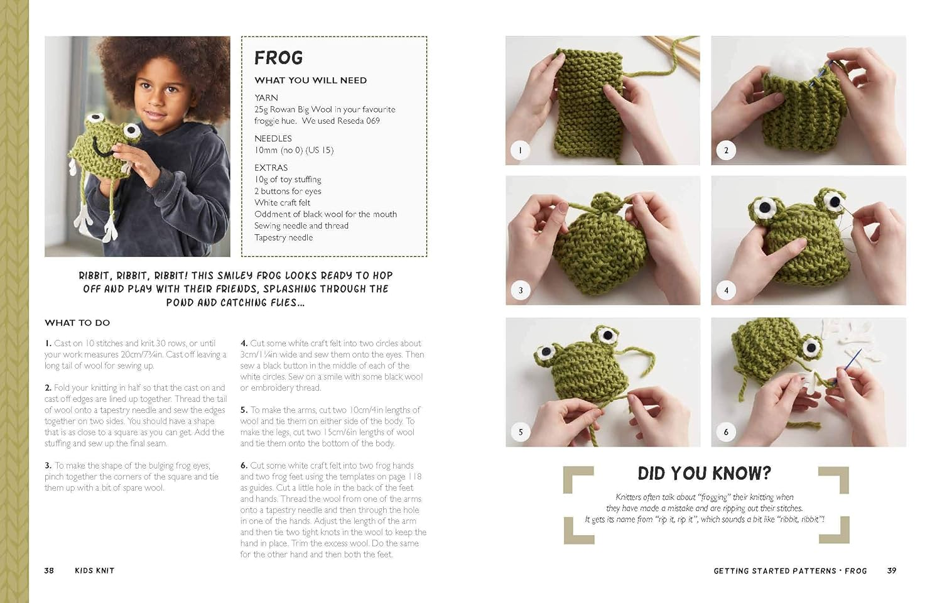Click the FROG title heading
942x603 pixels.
tap(278, 58)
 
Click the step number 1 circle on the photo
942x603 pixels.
tap(520, 150)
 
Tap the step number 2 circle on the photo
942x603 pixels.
tap(726, 150)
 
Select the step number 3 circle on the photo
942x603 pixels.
tap(520, 290)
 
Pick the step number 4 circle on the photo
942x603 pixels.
tap(726, 290)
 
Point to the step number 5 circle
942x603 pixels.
tap(520, 432)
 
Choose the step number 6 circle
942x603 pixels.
tap(726, 432)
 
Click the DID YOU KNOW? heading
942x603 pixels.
tap(704, 474)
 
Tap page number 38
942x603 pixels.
tap(49, 570)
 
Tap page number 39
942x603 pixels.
tap(892, 570)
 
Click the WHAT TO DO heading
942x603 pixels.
tap(77, 323)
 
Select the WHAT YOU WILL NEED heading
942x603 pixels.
tap(310, 80)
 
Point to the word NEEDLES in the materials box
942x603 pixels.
tap(273, 138)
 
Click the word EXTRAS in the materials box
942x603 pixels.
tap(271, 168)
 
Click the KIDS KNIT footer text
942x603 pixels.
tap(94, 570)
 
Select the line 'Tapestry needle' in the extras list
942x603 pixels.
tap(283, 237)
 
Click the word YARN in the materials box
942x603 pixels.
tap(266, 97)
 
